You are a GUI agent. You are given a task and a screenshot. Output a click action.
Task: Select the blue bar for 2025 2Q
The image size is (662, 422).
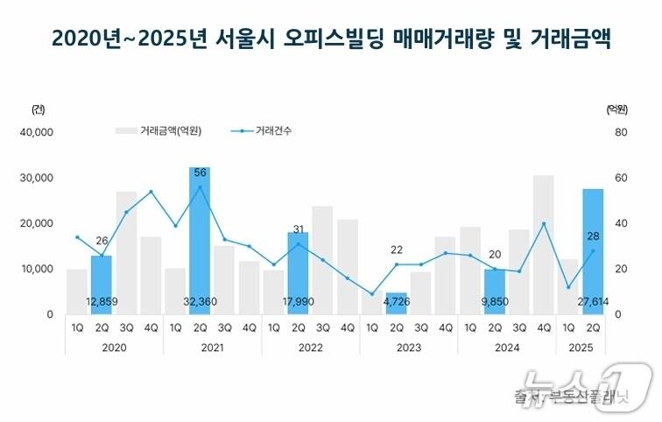(x=593, y=250)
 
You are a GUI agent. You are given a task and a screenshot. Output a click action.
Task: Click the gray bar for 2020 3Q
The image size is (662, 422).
(x=126, y=252)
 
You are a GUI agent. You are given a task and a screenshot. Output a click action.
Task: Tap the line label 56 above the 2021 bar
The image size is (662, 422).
(x=200, y=172)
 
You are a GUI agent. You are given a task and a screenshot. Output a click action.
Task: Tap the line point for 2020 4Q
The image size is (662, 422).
(x=151, y=192)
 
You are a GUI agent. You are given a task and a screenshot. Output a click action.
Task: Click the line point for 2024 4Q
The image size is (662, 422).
(x=543, y=223)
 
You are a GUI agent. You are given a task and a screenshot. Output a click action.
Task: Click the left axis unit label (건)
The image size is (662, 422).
(x=37, y=109)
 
